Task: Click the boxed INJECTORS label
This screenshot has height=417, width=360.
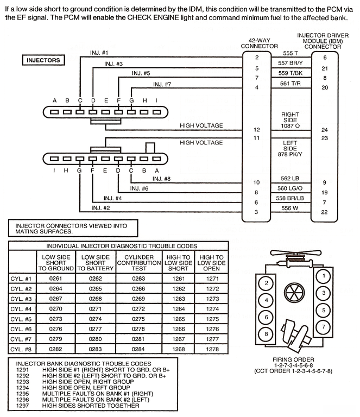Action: tap(44, 60)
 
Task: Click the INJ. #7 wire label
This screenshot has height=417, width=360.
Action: tap(162, 84)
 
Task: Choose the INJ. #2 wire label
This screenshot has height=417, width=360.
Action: tap(101, 207)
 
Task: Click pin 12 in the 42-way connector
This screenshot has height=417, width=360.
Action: tap(256, 130)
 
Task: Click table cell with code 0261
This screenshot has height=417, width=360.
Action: tap(56, 278)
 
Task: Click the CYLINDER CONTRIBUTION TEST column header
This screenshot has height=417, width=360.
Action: tap(139, 262)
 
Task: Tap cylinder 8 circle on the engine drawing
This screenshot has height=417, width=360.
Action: tap(266, 333)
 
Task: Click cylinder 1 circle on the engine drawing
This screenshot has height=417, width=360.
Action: tap(325, 276)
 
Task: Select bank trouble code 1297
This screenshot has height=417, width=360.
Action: tap(22, 406)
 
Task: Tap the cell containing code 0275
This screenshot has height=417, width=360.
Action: tap(139, 319)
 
